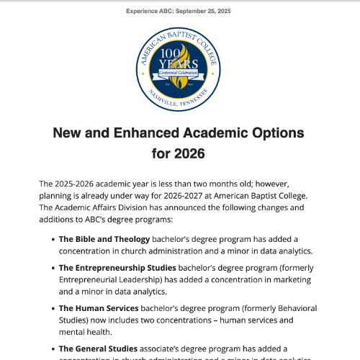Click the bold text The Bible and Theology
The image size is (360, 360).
coord(104,239)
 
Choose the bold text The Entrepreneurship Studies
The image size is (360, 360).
coord(117,268)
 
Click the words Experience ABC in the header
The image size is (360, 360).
coord(149,12)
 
